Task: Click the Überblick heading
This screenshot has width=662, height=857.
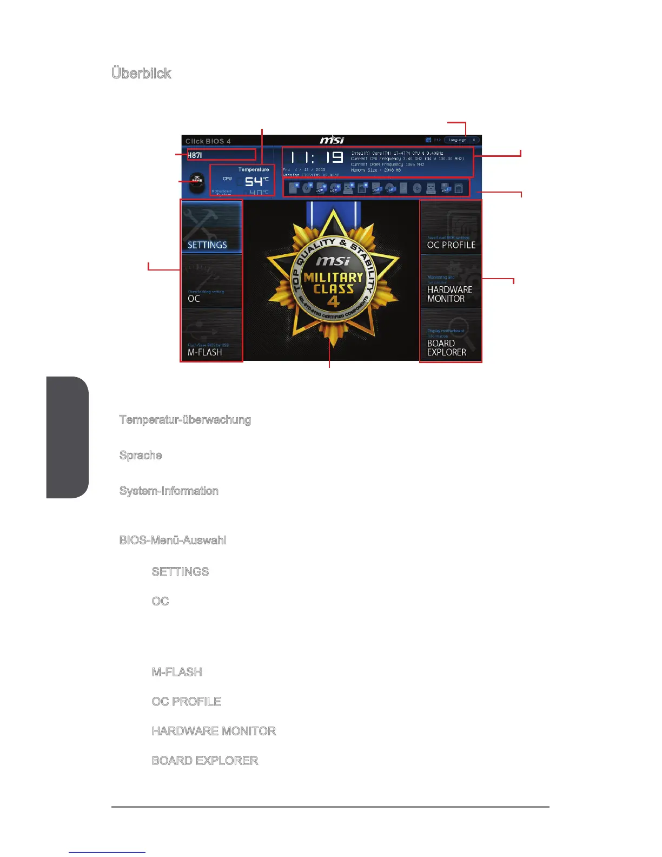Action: [x=141, y=74]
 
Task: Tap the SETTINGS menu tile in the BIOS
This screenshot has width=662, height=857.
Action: [x=211, y=227]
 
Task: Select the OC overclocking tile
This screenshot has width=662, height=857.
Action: [x=211, y=281]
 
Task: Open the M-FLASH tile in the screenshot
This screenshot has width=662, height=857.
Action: [x=211, y=335]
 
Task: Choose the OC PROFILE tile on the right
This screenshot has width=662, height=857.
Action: [x=451, y=227]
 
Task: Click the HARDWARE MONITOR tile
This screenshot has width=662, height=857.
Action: [x=451, y=281]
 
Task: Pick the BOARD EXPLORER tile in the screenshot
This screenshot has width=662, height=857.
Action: [x=451, y=335]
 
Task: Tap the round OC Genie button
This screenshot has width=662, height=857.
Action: [x=197, y=181]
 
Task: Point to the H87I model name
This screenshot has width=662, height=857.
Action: [x=195, y=156]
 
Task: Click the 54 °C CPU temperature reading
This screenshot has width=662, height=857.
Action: [x=254, y=182]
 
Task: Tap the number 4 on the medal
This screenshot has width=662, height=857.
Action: [x=333, y=301]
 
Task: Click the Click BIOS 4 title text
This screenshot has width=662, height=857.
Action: [x=208, y=141]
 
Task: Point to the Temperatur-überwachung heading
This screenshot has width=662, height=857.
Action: [x=185, y=420]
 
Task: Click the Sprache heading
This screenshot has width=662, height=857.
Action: [x=141, y=456]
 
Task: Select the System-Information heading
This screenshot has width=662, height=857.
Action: [x=169, y=491]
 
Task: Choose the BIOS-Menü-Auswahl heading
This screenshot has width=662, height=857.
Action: [x=173, y=540]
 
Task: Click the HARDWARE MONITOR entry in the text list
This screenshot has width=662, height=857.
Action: [x=214, y=731]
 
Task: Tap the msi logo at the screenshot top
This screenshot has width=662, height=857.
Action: [x=332, y=141]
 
